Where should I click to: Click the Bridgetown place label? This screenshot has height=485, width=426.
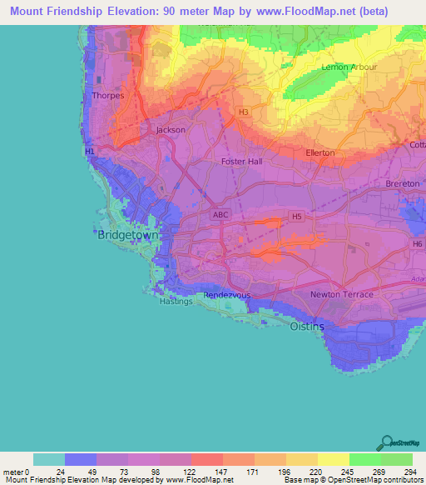(128, 236)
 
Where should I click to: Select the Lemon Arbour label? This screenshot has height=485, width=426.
(349, 67)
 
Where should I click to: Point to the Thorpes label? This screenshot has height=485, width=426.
(109, 95)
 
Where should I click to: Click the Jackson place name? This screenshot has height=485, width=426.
(171, 130)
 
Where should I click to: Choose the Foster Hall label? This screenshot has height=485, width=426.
(241, 162)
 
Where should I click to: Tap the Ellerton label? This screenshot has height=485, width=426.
(319, 152)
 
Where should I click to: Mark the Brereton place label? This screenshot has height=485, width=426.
(403, 183)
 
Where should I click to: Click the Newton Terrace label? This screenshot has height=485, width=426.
(341, 295)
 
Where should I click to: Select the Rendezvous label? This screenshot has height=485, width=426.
(227, 295)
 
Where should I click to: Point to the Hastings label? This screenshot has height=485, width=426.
(176, 302)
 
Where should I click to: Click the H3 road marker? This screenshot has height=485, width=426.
(243, 112)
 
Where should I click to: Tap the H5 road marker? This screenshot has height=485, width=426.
(296, 216)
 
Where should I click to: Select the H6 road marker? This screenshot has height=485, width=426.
(417, 243)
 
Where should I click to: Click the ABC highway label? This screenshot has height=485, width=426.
(220, 215)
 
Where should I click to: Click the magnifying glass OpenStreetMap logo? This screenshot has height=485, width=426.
(387, 442)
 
